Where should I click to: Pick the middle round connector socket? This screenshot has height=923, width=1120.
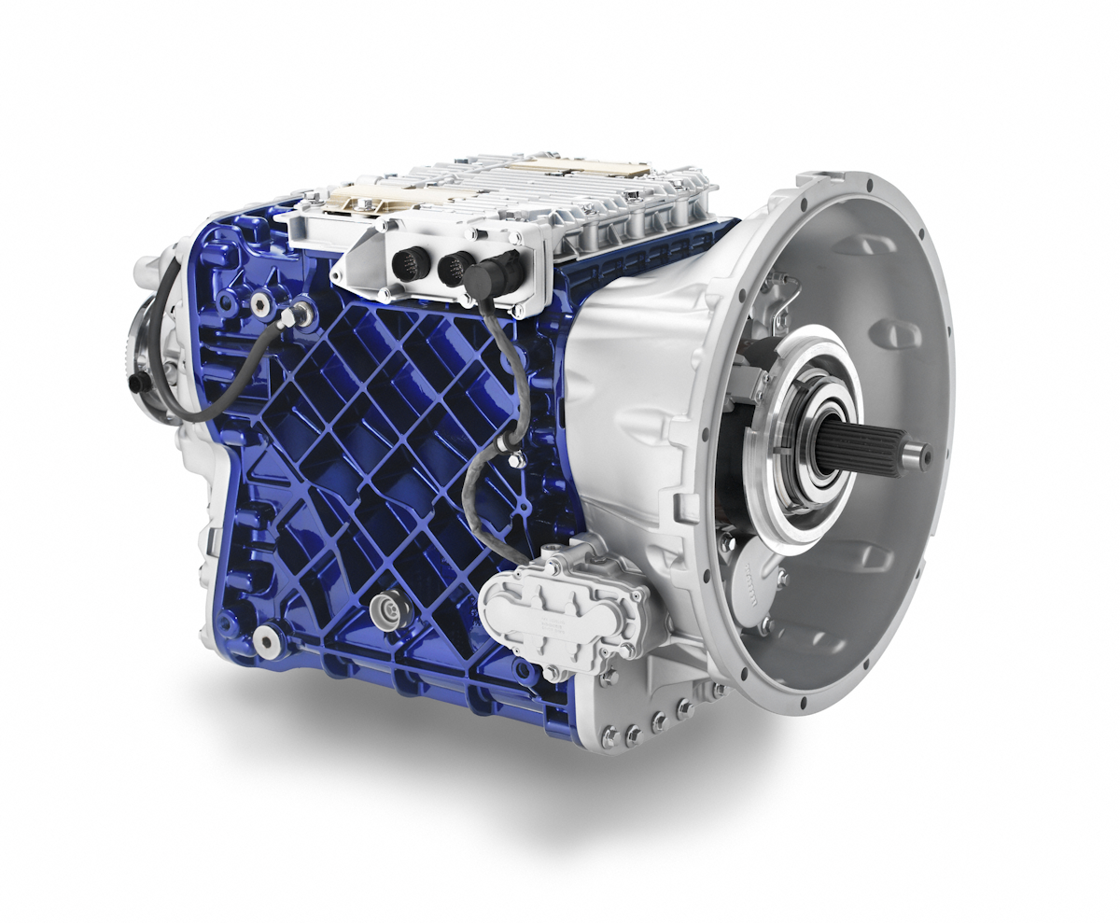pyautogui.click(x=455, y=267)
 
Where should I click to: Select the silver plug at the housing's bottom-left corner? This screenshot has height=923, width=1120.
pyautogui.click(x=267, y=640)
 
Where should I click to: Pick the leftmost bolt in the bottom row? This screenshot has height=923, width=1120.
pyautogui.click(x=609, y=739)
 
